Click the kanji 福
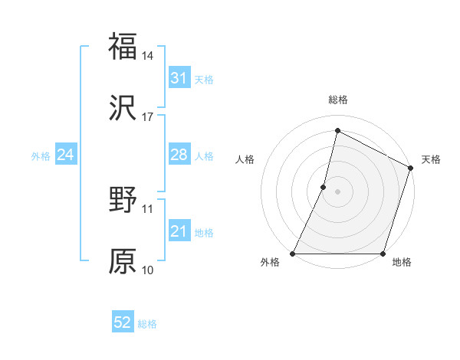[x=123, y=46]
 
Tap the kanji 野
[x=123, y=200]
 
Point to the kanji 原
[x=123, y=261]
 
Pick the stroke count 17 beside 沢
[x=148, y=117]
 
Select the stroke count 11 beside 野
[x=148, y=208]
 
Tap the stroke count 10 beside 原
[x=148, y=270]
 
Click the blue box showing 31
[x=179, y=78]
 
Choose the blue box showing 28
[x=179, y=155]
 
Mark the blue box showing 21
[x=179, y=231]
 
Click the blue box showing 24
[x=66, y=155]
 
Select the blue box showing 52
[x=123, y=323]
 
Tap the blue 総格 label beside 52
[x=147, y=324]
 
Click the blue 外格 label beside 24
[x=41, y=155]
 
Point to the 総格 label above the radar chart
[x=338, y=100]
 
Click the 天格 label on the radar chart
[x=431, y=160]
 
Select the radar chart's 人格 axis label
[x=245, y=160]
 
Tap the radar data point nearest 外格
[x=293, y=254]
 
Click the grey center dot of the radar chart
[x=338, y=191]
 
